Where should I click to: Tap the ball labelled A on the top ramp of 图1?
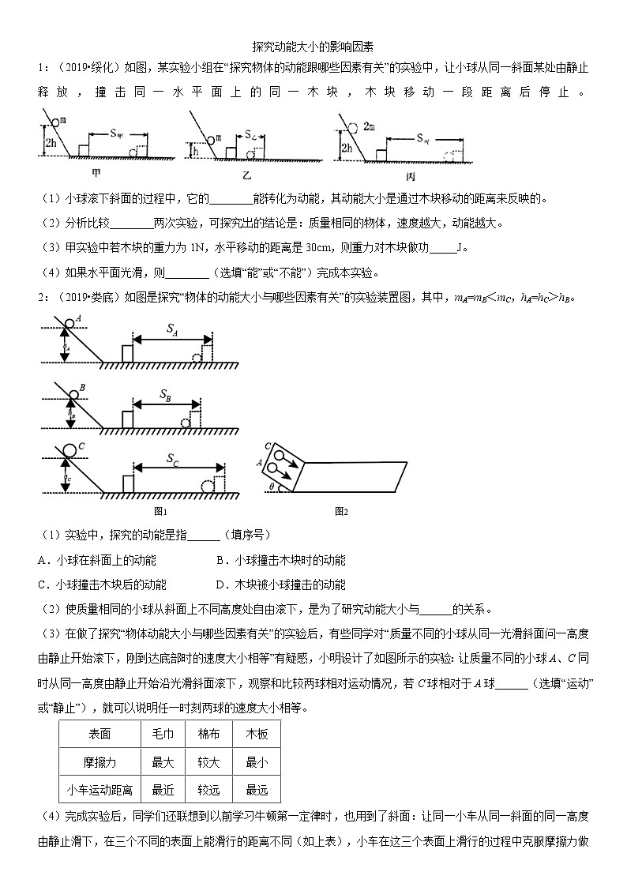click(x=70, y=322)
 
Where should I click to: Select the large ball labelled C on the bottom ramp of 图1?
click(x=69, y=451)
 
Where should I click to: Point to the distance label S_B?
click(x=165, y=394)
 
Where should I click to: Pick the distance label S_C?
click(x=175, y=458)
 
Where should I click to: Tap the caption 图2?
click(x=342, y=511)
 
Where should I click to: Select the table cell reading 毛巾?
click(x=163, y=734)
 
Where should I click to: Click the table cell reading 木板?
click(x=257, y=734)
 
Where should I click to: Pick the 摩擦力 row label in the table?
click(x=99, y=761)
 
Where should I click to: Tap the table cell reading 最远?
click(x=257, y=789)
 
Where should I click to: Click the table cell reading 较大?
click(x=208, y=761)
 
